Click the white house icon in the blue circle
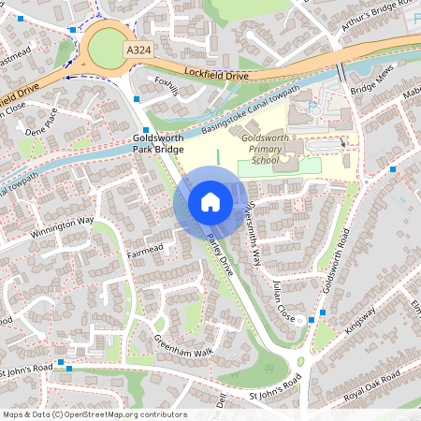click(210, 202)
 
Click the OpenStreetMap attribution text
click(94, 414)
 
